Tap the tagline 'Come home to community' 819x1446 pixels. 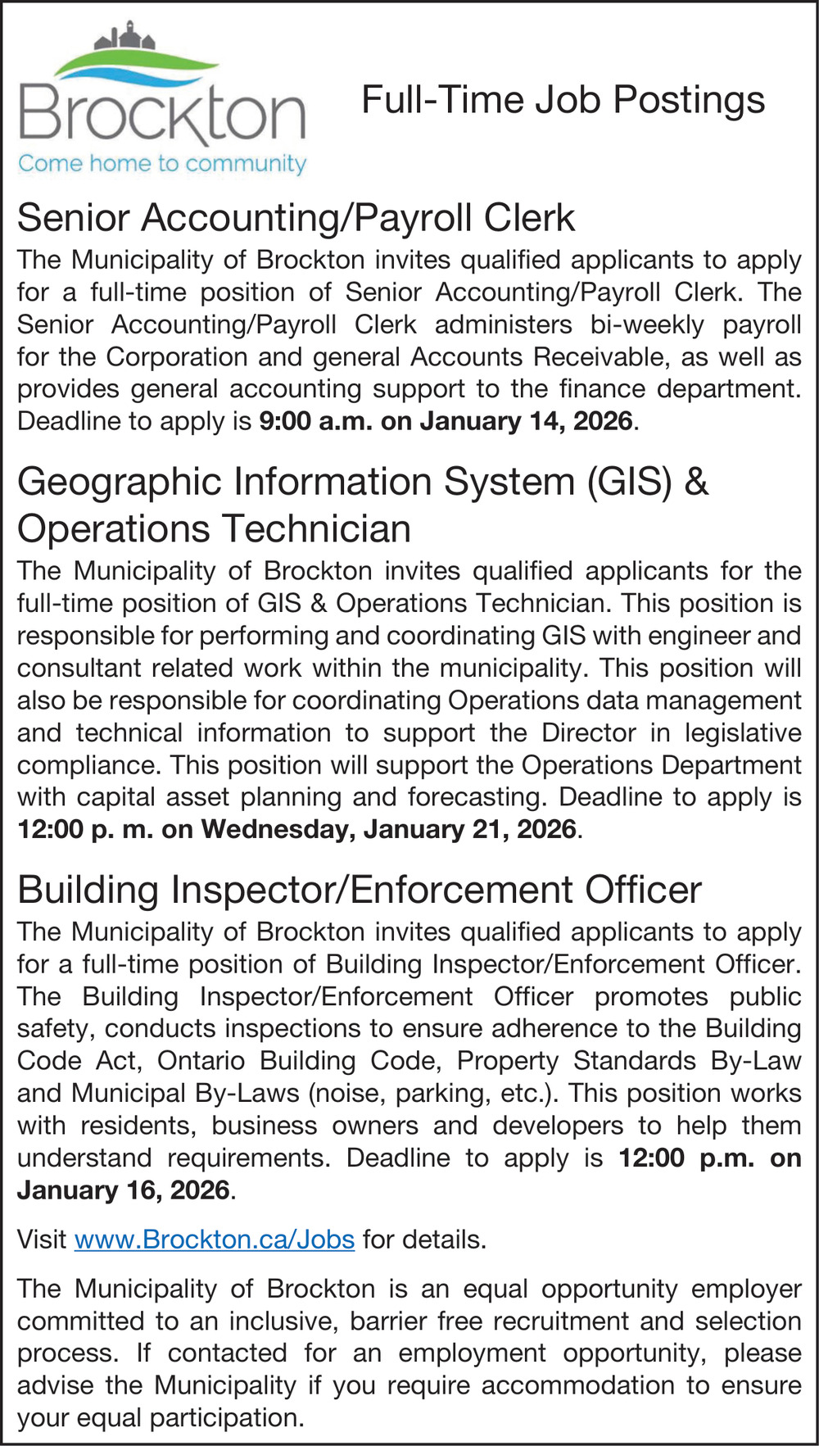162,164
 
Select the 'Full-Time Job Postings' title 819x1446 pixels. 563,100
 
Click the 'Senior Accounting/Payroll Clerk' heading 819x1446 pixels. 296,218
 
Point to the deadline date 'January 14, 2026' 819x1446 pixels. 527,421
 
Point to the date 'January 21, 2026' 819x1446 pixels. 471,829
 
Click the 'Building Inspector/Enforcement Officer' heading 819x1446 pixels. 360,890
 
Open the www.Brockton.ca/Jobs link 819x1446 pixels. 215,1239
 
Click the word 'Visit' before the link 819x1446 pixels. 42,1239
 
